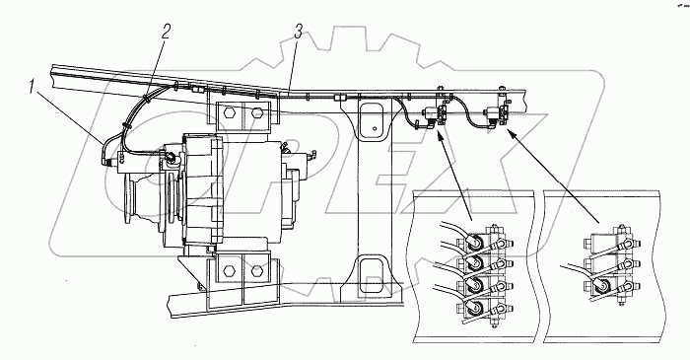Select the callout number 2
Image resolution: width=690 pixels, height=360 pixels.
point(166,32)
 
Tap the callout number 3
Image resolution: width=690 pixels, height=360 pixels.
point(299,32)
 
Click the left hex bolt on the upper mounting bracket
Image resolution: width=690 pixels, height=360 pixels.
point(228,113)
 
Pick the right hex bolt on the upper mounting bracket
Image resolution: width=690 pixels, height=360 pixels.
point(257,113)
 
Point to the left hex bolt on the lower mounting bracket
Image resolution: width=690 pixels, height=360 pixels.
point(228,271)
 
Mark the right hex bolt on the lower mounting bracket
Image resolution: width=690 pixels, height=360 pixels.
point(257,271)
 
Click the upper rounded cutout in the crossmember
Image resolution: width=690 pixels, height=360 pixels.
point(374,120)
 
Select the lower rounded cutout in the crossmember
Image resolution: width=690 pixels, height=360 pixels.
point(372,276)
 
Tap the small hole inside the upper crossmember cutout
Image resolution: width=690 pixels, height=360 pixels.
point(374,129)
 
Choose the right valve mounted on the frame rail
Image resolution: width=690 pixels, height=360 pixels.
point(495,115)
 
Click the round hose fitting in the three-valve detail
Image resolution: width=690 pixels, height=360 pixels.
point(600,286)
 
